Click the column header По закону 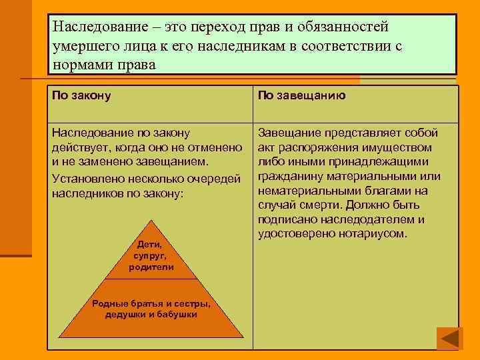pos(81,96)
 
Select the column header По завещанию pos(301,96)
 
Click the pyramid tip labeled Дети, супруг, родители pos(151,256)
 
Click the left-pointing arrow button pos(449,339)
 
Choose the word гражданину pos(289,176)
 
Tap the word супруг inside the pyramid pos(151,256)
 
